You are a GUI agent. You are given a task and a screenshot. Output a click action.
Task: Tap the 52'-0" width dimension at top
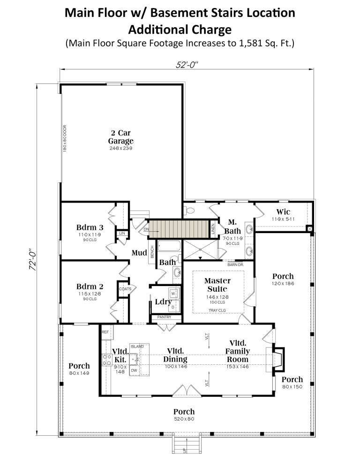click(x=185, y=65)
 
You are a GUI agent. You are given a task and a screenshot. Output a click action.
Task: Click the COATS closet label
click(x=125, y=288)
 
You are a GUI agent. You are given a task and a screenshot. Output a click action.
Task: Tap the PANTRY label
click(x=164, y=317)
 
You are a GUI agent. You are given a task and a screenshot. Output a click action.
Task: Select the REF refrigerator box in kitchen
click(x=105, y=331)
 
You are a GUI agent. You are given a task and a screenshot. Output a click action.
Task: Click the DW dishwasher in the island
click(x=134, y=370)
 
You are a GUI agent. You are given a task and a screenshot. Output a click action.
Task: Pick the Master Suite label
click(x=217, y=284)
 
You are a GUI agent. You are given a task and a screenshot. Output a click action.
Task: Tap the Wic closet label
click(x=283, y=212)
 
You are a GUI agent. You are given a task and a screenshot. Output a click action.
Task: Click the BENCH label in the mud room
click(x=152, y=252)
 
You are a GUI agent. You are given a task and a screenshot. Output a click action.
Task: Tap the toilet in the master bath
click(x=190, y=210)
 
